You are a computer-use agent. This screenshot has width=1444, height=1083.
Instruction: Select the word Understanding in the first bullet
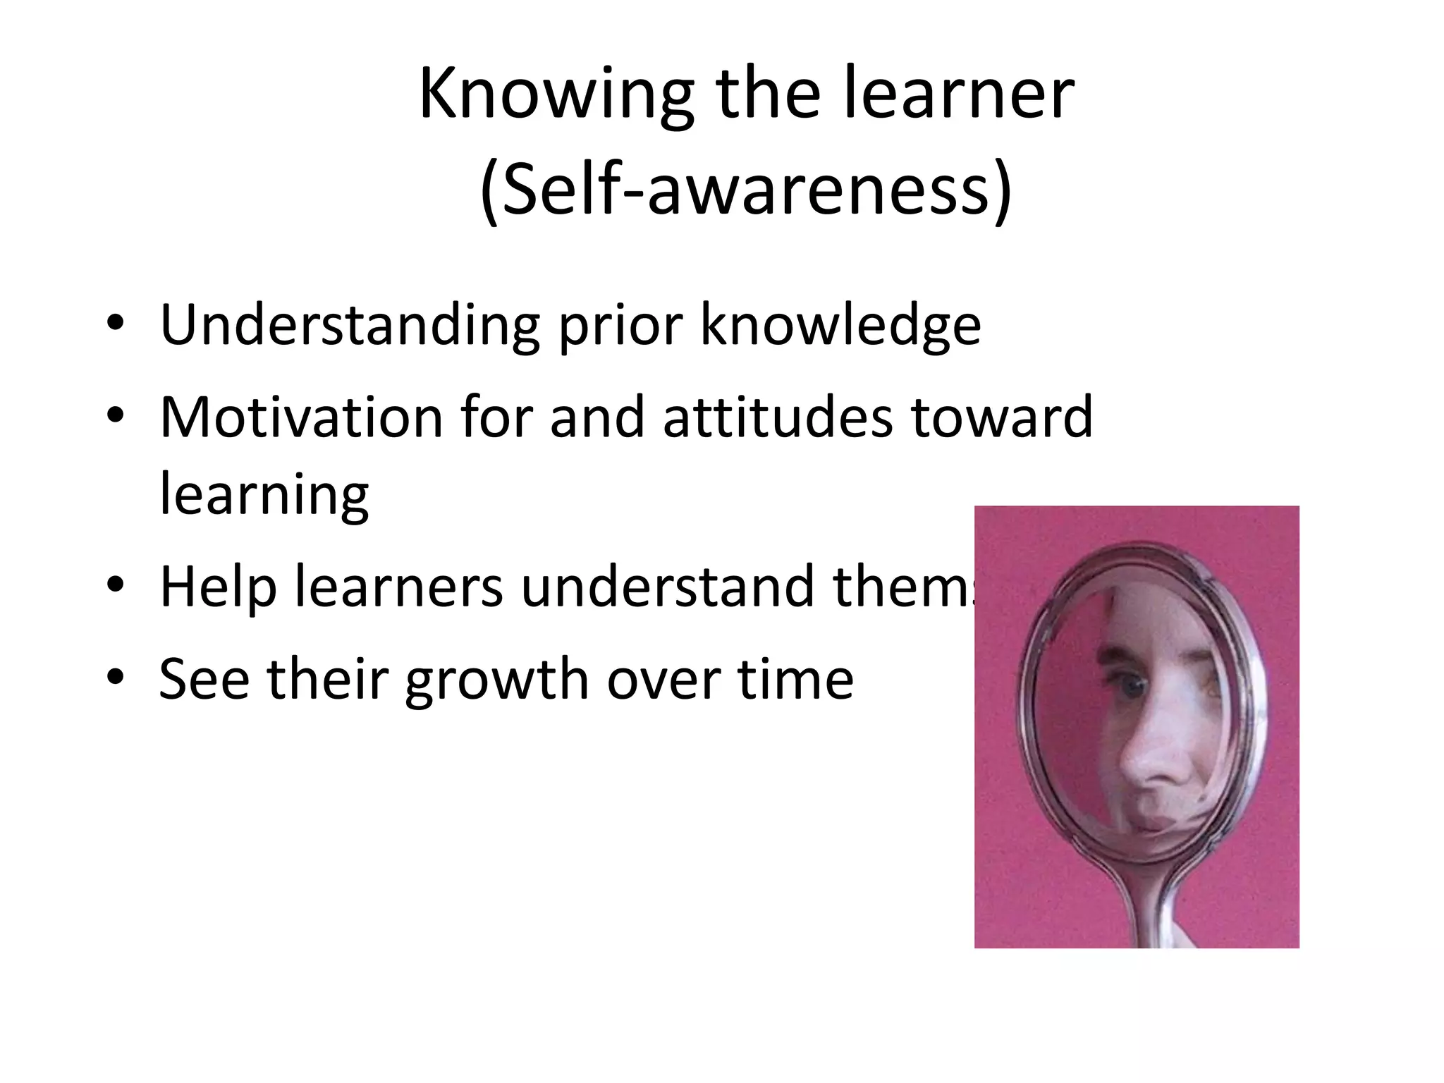[x=350, y=326]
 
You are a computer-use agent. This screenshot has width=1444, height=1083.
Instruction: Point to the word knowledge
[x=840, y=326]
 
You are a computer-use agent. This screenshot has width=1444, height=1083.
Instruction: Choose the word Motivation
[x=301, y=417]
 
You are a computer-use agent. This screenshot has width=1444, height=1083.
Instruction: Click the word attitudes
[x=778, y=417]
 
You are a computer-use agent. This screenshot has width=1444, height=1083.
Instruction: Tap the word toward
[x=1001, y=417]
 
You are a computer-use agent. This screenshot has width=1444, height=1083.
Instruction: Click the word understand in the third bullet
[x=668, y=586]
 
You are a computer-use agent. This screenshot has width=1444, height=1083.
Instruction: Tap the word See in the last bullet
[x=204, y=679]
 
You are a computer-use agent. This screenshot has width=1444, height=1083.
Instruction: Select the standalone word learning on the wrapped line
[x=264, y=494]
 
